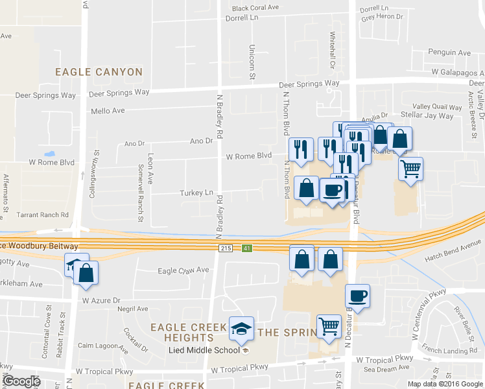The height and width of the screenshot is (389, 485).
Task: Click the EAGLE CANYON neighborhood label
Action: click(x=99, y=72)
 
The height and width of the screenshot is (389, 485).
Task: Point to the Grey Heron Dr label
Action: click(x=383, y=18)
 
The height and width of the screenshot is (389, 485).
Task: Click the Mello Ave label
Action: click(x=108, y=111)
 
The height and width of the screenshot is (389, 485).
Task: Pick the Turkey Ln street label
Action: click(x=196, y=193)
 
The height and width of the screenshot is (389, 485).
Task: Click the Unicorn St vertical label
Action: click(x=252, y=62)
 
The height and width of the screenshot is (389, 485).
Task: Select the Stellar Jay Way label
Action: click(x=427, y=116)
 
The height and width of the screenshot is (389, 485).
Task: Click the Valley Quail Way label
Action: click(x=437, y=106)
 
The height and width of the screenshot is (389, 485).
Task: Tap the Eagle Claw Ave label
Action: click(x=184, y=270)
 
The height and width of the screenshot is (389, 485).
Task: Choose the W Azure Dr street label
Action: click(x=101, y=301)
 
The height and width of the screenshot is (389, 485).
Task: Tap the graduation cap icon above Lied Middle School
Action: click(x=242, y=329)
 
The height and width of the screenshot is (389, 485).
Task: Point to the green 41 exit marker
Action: click(x=247, y=248)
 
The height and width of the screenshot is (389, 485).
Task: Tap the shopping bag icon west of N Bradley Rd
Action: click(x=86, y=273)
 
